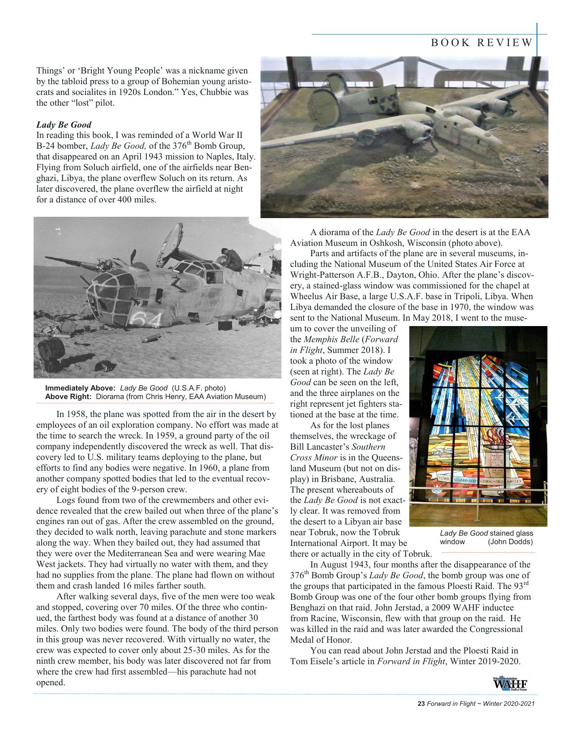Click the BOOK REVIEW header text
pyautogui.click(x=481, y=43)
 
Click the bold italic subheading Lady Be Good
pyautogui.click(x=64, y=125)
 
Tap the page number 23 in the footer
pyautogui.click(x=421, y=704)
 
